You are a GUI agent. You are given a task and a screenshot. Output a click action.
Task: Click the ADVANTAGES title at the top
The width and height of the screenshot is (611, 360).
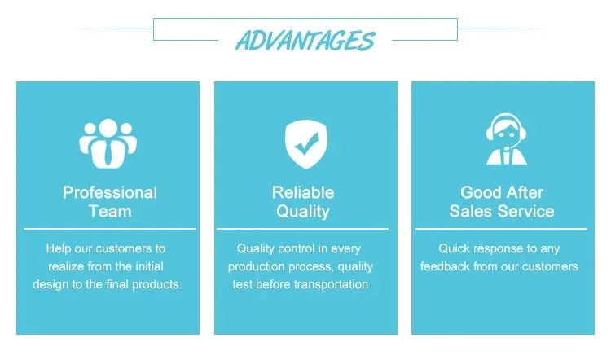coord(305,41)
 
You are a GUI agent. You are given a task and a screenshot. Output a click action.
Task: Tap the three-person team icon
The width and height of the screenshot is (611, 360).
coord(108,143)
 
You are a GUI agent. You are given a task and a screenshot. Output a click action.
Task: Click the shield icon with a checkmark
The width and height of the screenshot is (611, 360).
coord(305,144)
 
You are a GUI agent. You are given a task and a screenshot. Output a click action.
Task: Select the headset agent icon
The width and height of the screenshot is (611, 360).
coord(506,139)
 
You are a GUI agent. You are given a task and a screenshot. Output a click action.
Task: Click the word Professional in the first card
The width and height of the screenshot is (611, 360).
coord(110,192)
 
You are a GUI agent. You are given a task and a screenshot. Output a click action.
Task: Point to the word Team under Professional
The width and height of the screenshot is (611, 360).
coord(110,211)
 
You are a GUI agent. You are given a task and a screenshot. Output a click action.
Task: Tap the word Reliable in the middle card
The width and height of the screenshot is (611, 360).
coord(303,192)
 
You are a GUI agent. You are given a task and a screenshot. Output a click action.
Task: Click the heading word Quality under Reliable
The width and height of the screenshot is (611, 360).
coord(303,212)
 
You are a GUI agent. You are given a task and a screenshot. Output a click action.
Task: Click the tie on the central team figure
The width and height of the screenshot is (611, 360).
coord(108,153)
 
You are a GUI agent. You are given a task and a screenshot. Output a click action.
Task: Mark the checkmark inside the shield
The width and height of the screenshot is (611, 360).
coord(306,143)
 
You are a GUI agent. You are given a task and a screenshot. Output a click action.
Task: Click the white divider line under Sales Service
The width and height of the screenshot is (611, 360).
coord(501,229)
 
